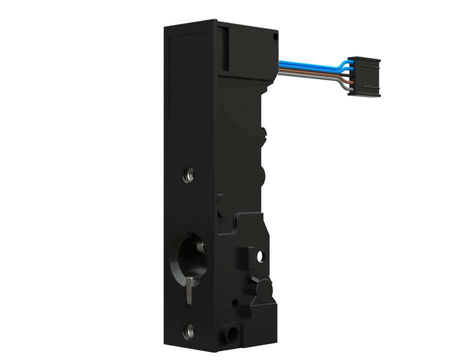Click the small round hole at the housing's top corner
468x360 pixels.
274,37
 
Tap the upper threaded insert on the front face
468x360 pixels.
189,175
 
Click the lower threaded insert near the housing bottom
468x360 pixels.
189,330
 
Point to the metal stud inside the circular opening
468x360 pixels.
201,247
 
